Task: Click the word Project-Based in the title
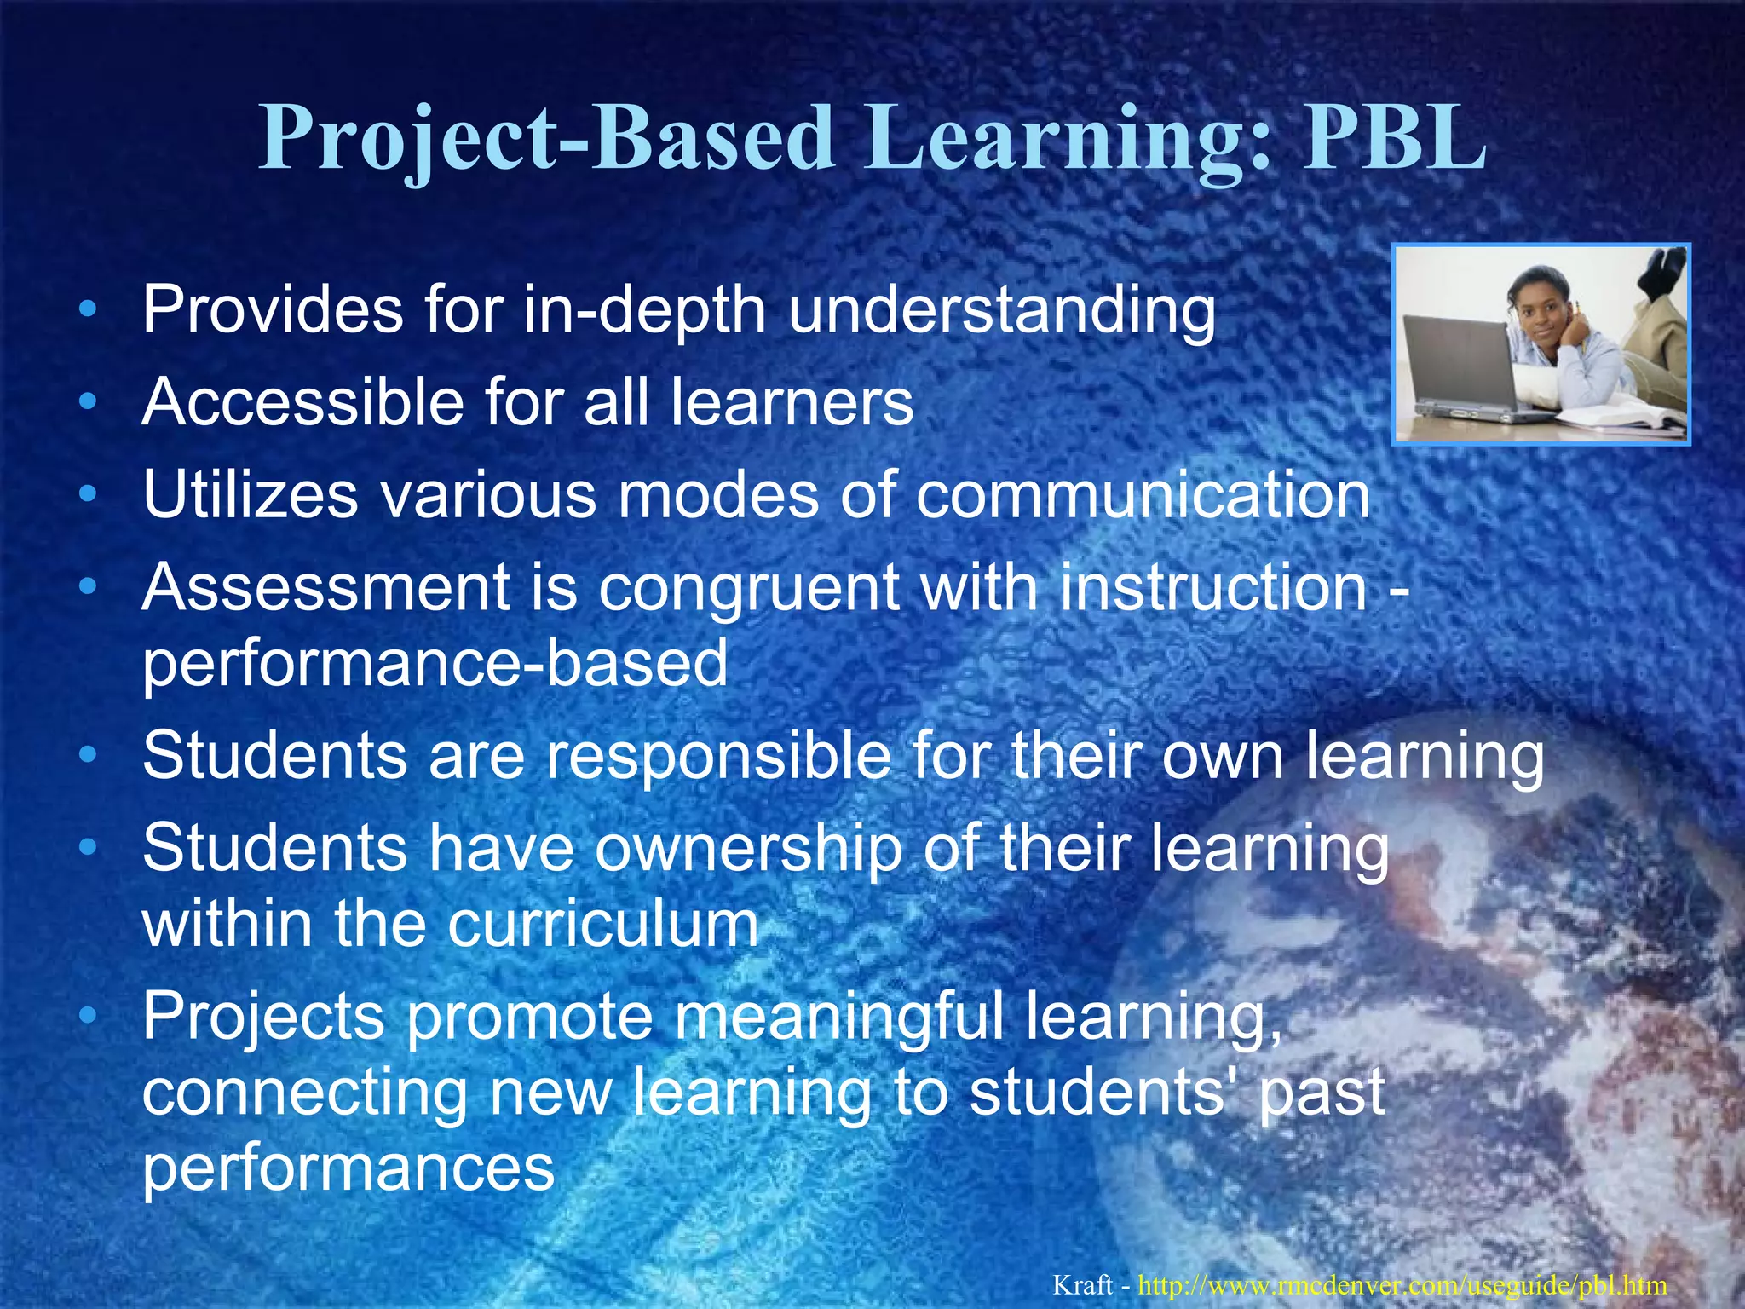545,138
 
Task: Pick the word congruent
749,591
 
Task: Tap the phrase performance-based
435,664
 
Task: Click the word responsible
718,758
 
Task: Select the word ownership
748,850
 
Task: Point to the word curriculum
603,924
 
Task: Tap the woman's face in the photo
1539,317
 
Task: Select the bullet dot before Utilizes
87,494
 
